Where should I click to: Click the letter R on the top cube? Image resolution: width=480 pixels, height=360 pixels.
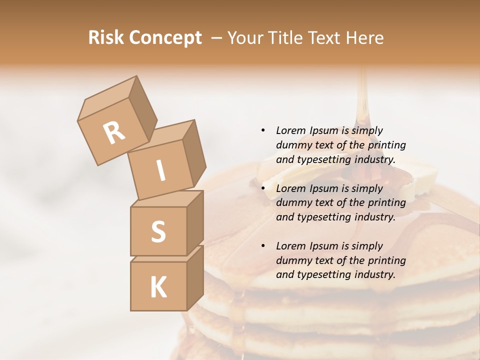pos(114,132)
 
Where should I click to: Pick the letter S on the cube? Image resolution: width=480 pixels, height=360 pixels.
pos(158,231)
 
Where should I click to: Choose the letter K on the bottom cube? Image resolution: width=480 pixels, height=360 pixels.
pos(158,287)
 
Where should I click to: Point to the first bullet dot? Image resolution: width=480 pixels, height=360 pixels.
pos(263,130)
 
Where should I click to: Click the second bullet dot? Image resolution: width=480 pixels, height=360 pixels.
pos(263,188)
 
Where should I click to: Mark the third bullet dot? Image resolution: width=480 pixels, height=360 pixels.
pos(263,246)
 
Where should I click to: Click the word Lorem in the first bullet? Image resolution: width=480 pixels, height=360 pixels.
pos(290,130)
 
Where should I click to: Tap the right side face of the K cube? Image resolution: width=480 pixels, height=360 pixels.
pos(195,277)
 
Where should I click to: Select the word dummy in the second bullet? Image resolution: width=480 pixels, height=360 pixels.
pos(293,203)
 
